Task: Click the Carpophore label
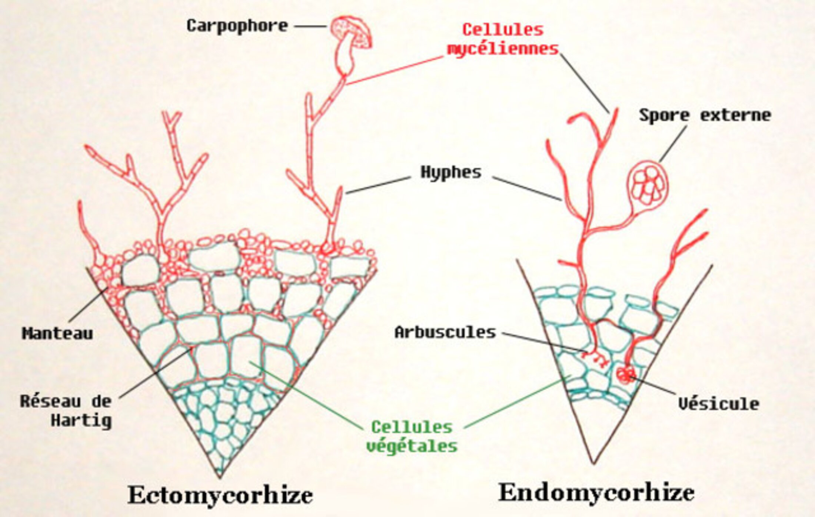[237, 26]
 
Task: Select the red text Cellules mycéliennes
[503, 39]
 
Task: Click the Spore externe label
[705, 115]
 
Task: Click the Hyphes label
[451, 173]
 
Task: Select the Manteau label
[57, 333]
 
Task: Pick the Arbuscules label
[445, 332]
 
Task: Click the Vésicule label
[718, 403]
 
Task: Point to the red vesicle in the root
[625, 375]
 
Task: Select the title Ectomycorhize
[220, 495]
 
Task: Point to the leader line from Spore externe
[672, 144]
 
